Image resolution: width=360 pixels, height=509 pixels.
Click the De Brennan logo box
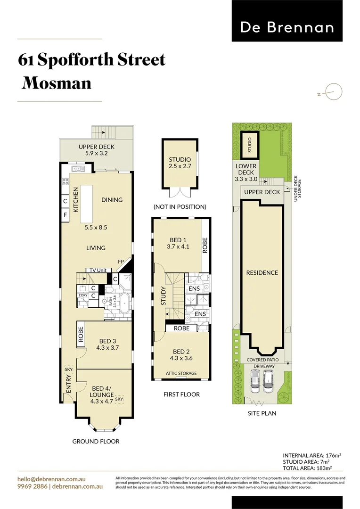[287, 21]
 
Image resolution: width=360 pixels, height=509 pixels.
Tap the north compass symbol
[334, 92]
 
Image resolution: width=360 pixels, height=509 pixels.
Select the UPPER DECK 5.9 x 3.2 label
[97, 150]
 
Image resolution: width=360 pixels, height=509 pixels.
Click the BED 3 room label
[108, 345]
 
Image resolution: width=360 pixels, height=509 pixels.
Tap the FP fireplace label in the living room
[121, 261]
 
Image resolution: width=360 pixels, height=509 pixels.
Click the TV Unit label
[98, 271]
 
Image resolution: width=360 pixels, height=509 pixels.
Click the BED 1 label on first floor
[178, 243]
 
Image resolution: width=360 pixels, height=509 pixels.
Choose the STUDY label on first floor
[164, 296]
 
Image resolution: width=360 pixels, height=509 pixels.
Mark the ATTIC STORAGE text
[181, 373]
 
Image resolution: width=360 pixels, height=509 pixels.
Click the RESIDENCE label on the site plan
[262, 273]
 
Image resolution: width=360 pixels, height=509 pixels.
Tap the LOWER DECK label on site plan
[246, 172]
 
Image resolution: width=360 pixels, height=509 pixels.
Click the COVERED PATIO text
[262, 360]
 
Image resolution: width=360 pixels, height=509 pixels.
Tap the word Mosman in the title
[57, 83]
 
